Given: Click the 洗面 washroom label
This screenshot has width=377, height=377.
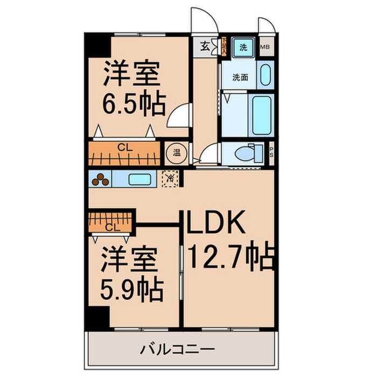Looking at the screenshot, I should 240,77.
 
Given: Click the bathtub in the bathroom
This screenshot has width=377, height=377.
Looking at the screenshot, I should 261,115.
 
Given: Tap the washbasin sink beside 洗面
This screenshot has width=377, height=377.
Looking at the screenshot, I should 264,75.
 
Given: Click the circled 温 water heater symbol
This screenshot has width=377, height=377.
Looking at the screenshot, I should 176,151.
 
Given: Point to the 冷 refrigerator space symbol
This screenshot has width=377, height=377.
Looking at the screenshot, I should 170,178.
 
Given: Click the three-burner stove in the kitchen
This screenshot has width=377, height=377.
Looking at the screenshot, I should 100,179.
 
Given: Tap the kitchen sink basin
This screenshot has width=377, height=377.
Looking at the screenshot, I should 139,179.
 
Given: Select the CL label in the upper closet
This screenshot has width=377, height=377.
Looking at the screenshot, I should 123,146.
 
